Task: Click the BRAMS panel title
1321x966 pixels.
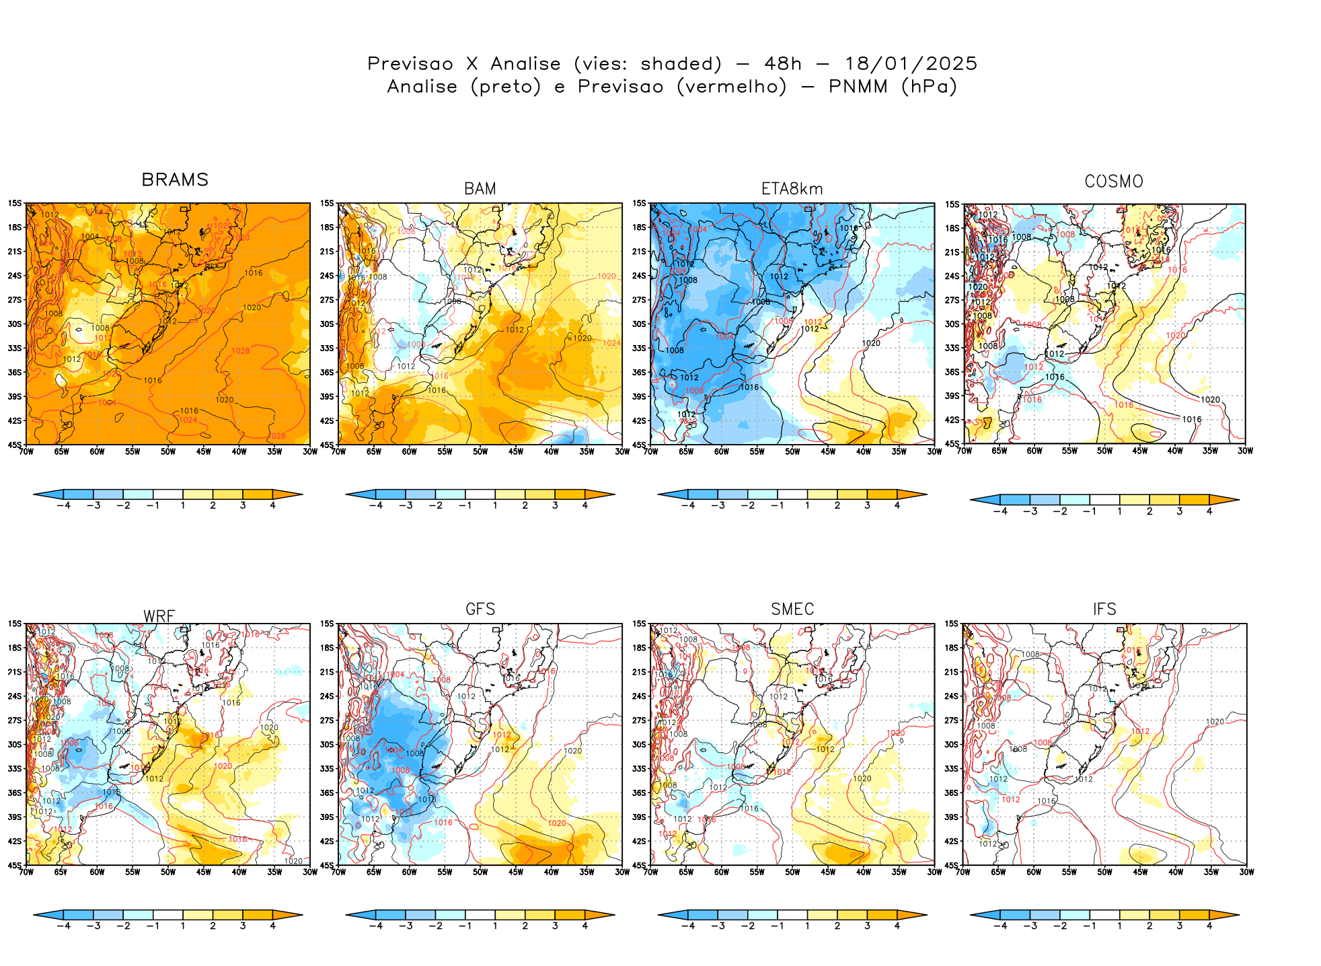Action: [175, 180]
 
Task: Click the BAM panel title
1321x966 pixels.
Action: [480, 189]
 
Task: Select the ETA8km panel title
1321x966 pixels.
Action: [792, 189]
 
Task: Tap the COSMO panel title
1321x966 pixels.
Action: [1114, 182]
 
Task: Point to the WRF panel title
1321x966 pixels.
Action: [159, 616]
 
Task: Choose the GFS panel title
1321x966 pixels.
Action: [480, 609]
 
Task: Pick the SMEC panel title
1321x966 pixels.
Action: [792, 609]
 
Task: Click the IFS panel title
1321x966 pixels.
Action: [1104, 609]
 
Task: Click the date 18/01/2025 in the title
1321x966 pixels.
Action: [911, 64]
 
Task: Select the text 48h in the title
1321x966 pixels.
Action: [783, 64]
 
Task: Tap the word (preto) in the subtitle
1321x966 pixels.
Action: [506, 87]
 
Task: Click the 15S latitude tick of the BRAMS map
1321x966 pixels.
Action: [15, 203]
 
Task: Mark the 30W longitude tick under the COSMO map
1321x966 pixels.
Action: [1245, 451]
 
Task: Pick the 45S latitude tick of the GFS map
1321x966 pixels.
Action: [327, 866]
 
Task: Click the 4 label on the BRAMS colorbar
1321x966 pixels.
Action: [272, 506]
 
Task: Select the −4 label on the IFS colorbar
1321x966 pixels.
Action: [1000, 926]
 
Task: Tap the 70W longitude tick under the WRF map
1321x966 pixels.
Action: [26, 872]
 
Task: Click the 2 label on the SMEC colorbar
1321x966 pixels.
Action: [837, 926]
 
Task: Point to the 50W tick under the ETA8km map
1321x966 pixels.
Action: [792, 452]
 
